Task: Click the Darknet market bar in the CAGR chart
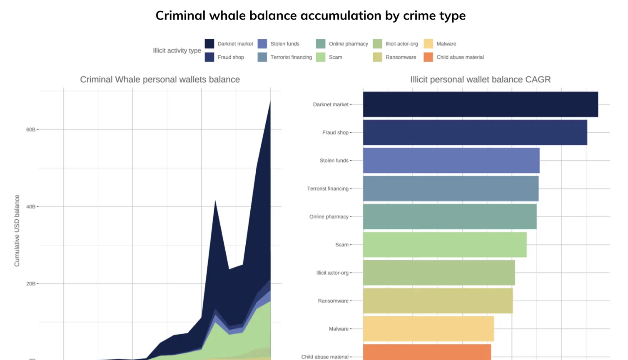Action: (480, 104)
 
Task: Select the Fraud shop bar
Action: (475, 133)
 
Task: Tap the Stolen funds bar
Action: (451, 161)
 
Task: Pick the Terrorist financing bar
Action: (451, 189)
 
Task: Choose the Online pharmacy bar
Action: (450, 216)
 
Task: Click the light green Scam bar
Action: (445, 245)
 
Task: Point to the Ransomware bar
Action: (438, 301)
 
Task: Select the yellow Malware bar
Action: (428, 329)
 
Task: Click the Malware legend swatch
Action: (428, 44)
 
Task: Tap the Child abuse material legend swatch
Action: (428, 57)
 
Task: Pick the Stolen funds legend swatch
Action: (262, 44)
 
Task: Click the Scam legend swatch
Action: (320, 57)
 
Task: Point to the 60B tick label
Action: (30, 129)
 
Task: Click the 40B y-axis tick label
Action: (30, 206)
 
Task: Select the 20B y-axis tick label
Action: (30, 283)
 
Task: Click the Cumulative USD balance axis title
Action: (17, 231)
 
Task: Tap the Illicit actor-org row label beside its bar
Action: (332, 273)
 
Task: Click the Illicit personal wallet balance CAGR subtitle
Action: (480, 79)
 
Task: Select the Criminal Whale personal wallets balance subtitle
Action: (160, 79)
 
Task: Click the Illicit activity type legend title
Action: (177, 50)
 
